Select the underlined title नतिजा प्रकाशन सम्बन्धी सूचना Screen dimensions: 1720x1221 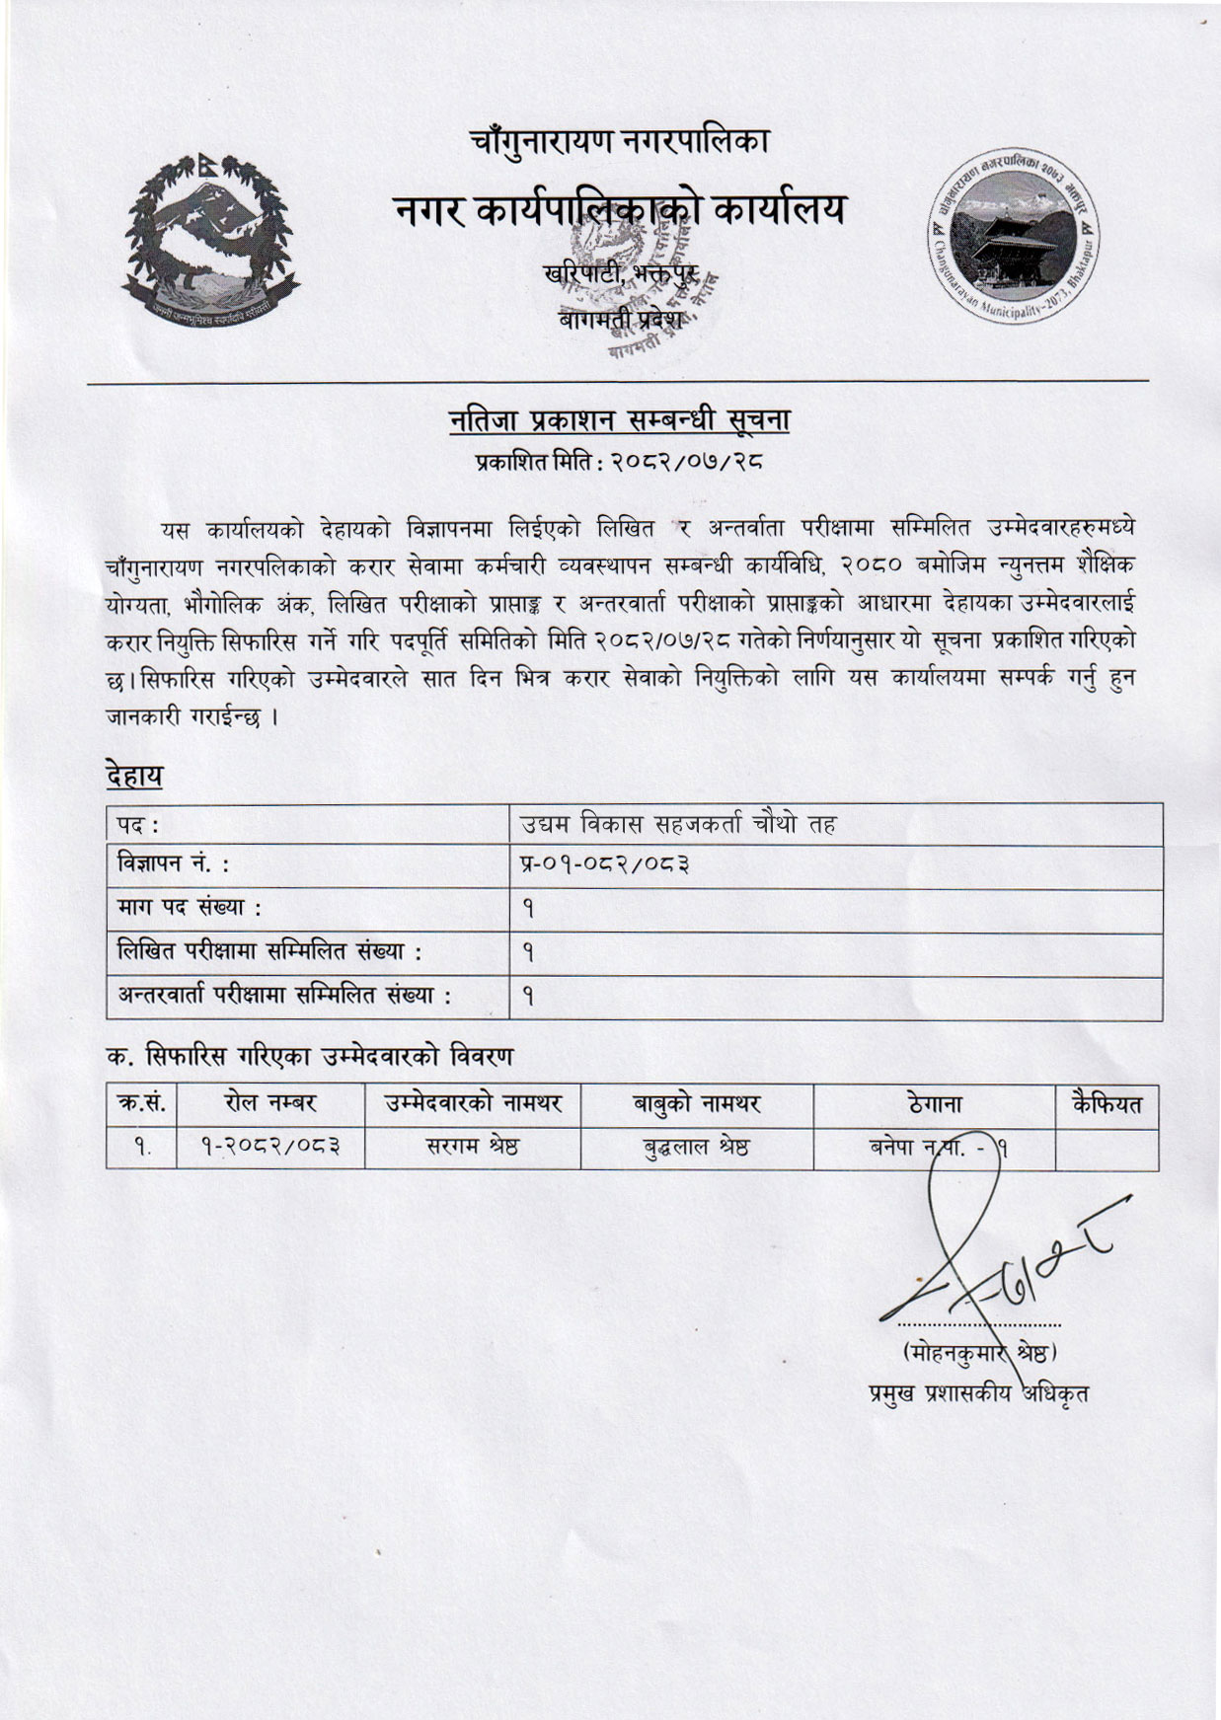[619, 420]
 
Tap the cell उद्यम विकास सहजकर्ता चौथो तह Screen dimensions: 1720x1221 [679, 825]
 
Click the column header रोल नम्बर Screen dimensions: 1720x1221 [270, 1104]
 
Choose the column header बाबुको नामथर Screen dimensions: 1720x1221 [697, 1104]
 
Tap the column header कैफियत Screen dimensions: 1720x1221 [1107, 1104]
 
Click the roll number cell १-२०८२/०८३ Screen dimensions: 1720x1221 [270, 1148]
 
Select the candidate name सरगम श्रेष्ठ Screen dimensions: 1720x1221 [473, 1148]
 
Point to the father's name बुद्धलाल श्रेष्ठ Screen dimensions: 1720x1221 [697, 1148]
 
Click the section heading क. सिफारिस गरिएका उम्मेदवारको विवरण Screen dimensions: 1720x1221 [310, 1057]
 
